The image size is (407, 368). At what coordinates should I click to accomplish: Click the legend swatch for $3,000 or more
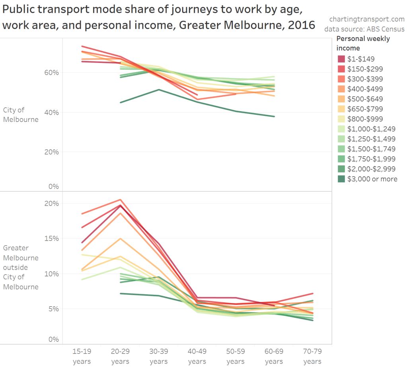[x=341, y=179]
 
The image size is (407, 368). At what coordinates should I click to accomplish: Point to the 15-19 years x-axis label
[x=82, y=356]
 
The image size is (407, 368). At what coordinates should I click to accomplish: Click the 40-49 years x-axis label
[x=197, y=356]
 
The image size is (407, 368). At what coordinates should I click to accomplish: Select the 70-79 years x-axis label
[x=312, y=356]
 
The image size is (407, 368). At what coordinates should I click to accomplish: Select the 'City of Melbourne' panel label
[x=21, y=115]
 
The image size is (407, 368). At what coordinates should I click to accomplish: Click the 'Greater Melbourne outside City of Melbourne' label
[x=21, y=267]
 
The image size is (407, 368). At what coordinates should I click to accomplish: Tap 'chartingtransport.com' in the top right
[x=366, y=19]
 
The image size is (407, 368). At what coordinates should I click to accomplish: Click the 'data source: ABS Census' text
[x=364, y=29]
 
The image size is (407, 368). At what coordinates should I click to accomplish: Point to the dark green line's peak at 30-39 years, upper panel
[x=159, y=90]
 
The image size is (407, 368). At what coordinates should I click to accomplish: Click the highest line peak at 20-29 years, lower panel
[x=120, y=200]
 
